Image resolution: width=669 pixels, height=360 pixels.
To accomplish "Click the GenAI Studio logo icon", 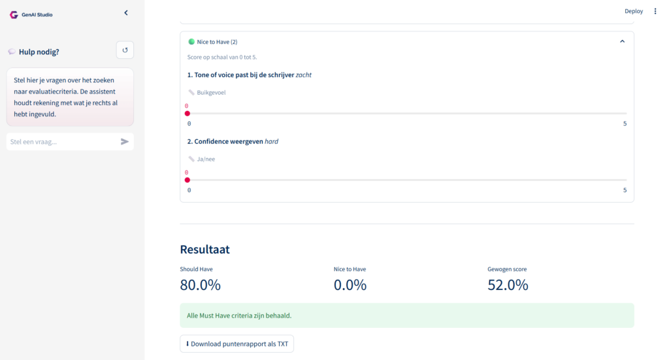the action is click(14, 15).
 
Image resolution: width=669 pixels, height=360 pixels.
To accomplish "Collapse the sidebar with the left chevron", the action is click(126, 13).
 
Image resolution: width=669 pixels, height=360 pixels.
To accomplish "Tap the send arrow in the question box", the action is click(125, 142).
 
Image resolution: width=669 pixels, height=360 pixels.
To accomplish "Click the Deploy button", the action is click(634, 11).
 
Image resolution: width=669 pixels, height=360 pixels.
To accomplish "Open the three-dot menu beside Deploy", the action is click(655, 11).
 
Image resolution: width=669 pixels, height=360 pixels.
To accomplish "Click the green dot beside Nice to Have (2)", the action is click(191, 42).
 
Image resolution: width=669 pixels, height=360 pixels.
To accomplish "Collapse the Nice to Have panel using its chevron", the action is click(622, 41).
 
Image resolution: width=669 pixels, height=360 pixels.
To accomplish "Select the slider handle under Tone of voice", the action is click(188, 114).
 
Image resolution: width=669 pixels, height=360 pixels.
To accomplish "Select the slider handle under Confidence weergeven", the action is click(188, 180).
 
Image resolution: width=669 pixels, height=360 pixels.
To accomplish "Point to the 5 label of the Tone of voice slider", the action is click(625, 123).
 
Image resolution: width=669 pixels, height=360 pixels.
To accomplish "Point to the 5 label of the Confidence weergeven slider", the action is click(625, 190).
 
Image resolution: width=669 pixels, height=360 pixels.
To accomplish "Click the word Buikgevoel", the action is click(211, 93).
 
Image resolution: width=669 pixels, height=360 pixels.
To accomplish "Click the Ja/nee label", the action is click(206, 159).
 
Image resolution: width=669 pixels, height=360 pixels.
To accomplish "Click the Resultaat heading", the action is click(204, 249).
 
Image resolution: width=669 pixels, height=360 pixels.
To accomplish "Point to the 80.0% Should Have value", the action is click(200, 285).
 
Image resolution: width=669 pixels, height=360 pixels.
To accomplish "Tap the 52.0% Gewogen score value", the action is click(508, 285).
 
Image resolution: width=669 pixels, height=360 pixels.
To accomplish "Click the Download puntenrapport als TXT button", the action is click(237, 344).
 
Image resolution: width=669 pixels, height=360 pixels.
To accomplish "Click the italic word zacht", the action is click(303, 74).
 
